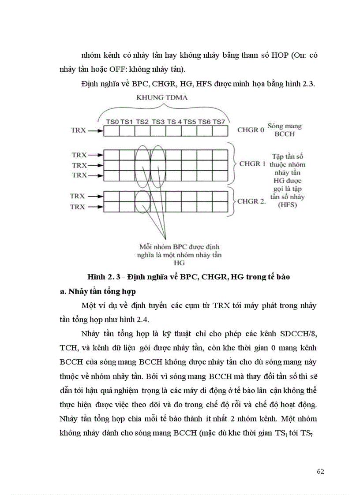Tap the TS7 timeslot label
219,122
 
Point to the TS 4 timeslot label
174,122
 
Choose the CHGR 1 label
252,163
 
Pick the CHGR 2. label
251,201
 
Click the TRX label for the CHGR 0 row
79,130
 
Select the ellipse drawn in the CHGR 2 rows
142,201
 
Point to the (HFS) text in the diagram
289,205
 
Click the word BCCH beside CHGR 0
286,134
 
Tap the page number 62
320,471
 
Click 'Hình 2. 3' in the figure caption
102,277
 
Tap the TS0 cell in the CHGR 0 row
111,131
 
